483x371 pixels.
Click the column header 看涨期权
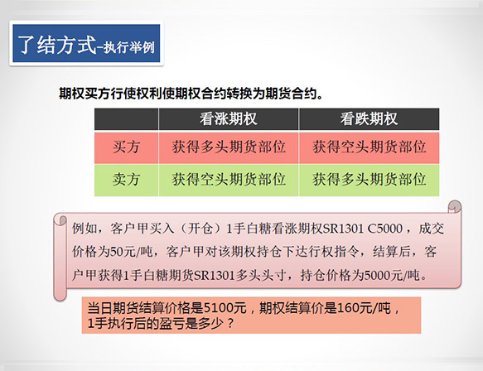[229, 119]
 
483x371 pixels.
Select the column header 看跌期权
[369, 119]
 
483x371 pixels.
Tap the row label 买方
[126, 147]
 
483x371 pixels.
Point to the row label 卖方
[126, 180]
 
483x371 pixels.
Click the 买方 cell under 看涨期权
[229, 147]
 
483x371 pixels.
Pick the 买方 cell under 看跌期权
[369, 147]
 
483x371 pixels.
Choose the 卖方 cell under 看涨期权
[229, 180]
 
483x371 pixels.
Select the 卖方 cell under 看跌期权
[369, 180]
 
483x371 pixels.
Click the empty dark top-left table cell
[126, 119]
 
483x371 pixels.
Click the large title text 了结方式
[57, 45]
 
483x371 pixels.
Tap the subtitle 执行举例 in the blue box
[128, 48]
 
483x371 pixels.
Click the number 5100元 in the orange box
[225, 308]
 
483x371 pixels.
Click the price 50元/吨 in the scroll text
[132, 252]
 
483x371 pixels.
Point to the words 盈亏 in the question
[171, 323]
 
